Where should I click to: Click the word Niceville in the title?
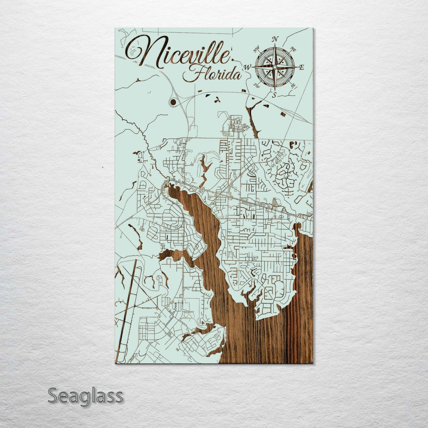181,53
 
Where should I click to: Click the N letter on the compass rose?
275,39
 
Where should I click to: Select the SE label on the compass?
293,86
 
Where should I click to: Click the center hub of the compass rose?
275,68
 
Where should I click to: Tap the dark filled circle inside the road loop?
173,103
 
